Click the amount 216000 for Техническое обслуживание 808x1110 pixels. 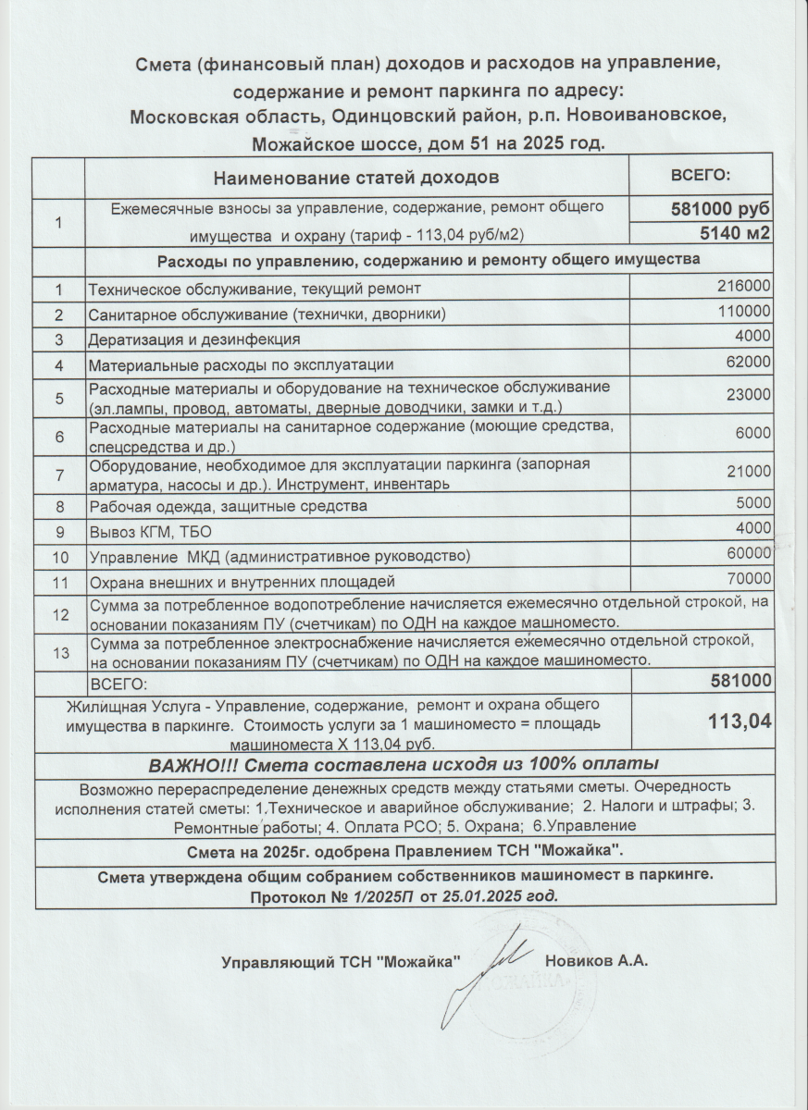[744, 287]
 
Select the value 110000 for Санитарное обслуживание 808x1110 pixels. [744, 312]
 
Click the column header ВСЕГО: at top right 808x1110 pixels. [701, 175]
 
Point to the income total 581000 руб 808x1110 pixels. [720, 210]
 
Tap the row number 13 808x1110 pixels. [61, 652]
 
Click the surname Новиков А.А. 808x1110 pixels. [596, 961]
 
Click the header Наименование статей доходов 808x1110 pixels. [356, 176]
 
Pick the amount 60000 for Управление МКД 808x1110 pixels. [749, 553]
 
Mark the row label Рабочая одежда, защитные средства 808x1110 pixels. [227, 506]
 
